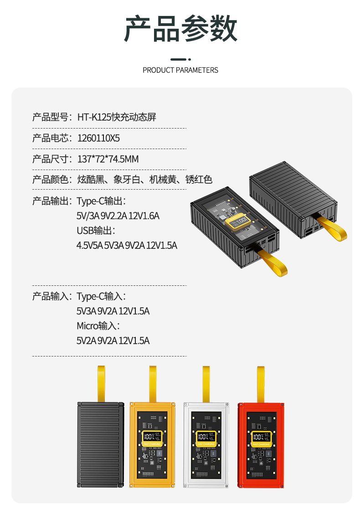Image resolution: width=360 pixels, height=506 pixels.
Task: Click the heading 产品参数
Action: click(x=180, y=28)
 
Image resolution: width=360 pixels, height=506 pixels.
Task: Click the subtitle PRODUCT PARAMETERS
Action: click(x=180, y=70)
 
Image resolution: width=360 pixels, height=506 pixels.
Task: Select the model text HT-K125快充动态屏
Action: click(x=117, y=117)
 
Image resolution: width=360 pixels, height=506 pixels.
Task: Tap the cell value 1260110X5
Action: click(x=98, y=138)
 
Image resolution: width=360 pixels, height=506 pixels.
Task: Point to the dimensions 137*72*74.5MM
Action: click(x=108, y=159)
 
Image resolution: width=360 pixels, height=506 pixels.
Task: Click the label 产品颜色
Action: click(x=50, y=180)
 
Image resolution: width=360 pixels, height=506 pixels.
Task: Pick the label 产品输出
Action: click(x=50, y=201)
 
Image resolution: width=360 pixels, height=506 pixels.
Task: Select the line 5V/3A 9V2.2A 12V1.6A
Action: click(x=118, y=216)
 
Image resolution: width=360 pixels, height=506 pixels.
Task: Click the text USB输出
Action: click(x=96, y=231)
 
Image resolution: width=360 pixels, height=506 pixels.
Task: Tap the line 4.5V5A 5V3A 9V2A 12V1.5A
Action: click(x=127, y=245)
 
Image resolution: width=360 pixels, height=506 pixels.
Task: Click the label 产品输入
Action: click(x=50, y=297)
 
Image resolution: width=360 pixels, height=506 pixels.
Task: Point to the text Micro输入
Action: click(x=98, y=326)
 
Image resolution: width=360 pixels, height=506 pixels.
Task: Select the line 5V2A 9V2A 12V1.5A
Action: click(x=113, y=341)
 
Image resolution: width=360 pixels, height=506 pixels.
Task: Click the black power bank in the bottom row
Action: click(x=100, y=444)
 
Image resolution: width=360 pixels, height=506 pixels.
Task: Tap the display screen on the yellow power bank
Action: click(x=152, y=438)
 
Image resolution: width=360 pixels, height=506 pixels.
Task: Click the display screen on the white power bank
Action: click(x=206, y=438)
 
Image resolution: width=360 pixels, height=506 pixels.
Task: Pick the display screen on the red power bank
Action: click(x=261, y=438)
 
